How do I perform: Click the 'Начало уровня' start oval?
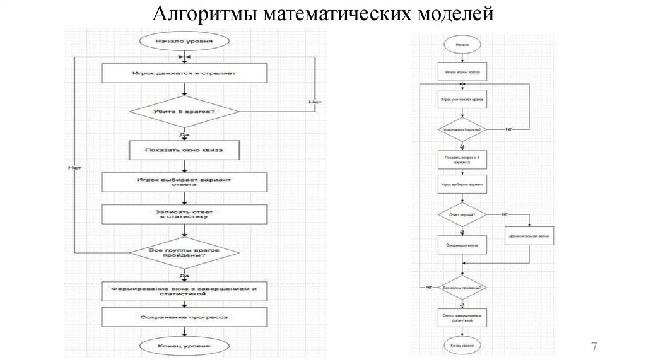[x=184, y=42]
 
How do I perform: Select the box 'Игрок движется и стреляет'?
[x=184, y=73]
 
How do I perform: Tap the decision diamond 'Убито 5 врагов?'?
[x=184, y=112]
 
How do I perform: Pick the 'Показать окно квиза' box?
[x=184, y=150]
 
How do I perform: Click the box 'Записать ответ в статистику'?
[x=184, y=214]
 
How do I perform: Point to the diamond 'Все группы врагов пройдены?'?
[x=184, y=254]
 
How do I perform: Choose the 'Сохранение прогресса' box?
[x=184, y=317]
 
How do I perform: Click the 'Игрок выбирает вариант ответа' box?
[x=184, y=182]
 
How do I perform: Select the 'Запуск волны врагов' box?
[x=462, y=72]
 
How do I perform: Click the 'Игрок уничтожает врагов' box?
[x=462, y=100]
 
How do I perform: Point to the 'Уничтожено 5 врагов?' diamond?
[x=462, y=129]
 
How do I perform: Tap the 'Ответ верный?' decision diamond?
[x=462, y=215]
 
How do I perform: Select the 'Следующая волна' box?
[x=462, y=245]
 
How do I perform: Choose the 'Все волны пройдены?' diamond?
[x=462, y=288]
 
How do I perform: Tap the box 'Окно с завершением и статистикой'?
[x=462, y=318]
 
